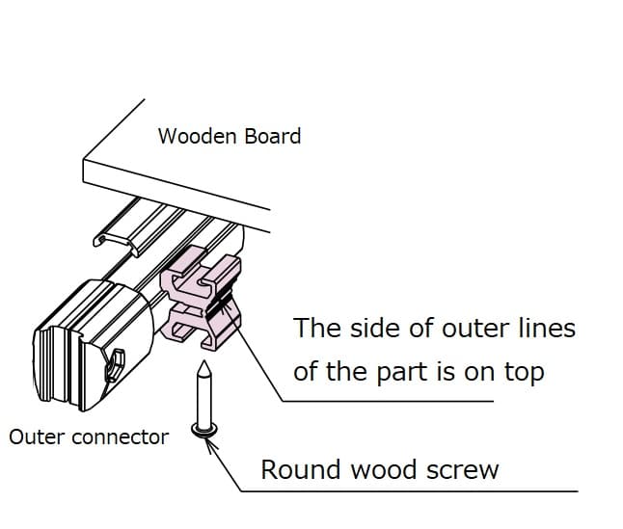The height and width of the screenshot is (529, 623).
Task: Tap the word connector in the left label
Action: (121, 437)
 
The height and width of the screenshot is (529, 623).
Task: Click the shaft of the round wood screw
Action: (203, 400)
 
